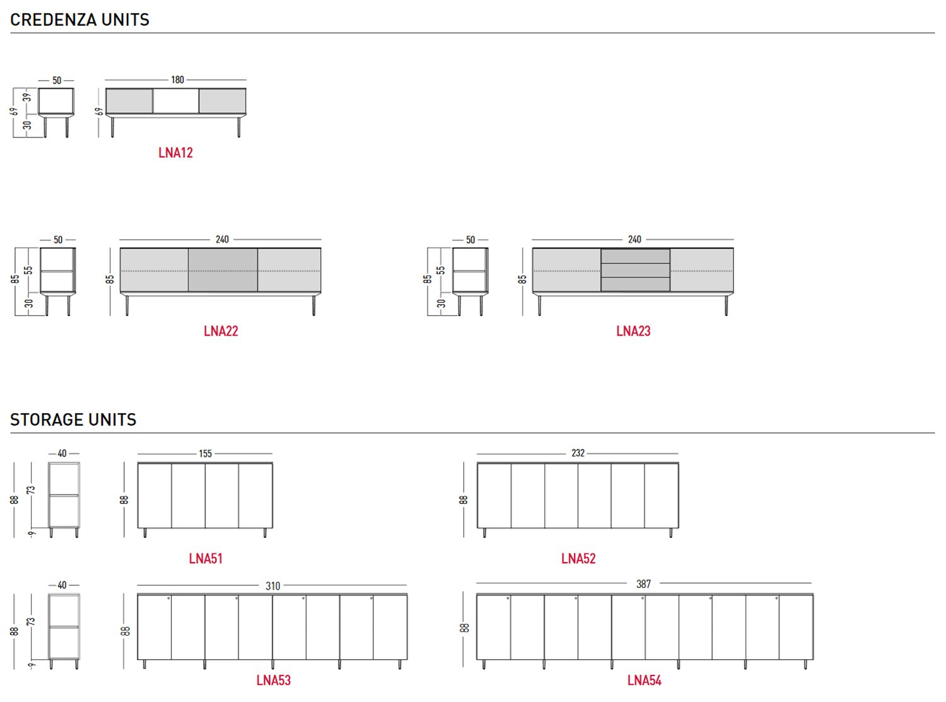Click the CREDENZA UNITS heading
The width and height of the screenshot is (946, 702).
[x=79, y=20]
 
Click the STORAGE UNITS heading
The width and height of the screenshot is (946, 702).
[x=73, y=420]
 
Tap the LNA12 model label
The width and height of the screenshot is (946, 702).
[x=175, y=153]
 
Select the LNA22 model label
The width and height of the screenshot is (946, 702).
[x=221, y=331]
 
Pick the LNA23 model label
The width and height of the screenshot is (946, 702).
[x=633, y=331]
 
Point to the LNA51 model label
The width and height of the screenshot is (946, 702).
[x=206, y=559]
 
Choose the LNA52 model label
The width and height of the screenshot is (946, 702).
[x=578, y=559]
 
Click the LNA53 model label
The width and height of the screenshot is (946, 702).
[x=273, y=681]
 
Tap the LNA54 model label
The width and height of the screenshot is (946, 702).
[x=644, y=681]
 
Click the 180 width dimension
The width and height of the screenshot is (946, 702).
[x=177, y=80]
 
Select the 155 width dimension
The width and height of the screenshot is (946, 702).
[x=205, y=453]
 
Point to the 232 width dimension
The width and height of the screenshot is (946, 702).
[x=578, y=453]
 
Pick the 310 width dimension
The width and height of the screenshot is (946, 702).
[x=272, y=586]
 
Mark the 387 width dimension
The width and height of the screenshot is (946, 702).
[x=643, y=584]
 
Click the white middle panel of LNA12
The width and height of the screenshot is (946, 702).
[x=176, y=101]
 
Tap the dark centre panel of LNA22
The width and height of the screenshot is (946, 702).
[x=223, y=270]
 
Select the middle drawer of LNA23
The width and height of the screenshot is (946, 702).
[x=635, y=270]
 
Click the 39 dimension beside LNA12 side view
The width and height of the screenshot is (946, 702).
[x=26, y=98]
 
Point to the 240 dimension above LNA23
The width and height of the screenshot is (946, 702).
[x=634, y=240]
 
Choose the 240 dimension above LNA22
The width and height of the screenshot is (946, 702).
[x=222, y=240]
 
